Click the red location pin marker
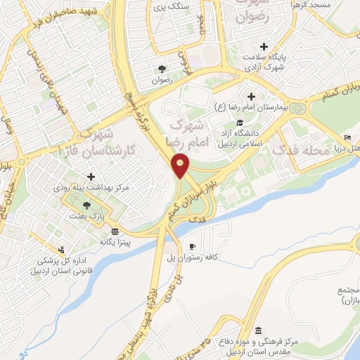[181, 165]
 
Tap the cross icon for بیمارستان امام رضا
[251, 96]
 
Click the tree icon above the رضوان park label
[162, 69]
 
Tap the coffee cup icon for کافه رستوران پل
[193, 246]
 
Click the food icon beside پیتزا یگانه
[114, 231]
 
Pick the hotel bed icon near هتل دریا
[348, 137]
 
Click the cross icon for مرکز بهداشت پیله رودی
[89, 176]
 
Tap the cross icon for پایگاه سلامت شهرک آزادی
[264, 46]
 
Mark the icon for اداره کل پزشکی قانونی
[61, 249]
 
